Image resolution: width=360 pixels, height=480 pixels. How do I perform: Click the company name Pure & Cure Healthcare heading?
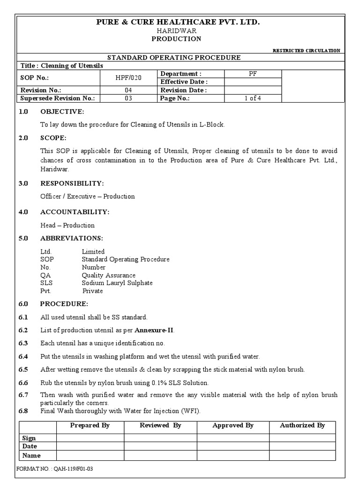point(177,22)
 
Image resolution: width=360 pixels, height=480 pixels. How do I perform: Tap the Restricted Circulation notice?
point(306,51)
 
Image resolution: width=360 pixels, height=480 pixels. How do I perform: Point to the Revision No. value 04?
point(129,90)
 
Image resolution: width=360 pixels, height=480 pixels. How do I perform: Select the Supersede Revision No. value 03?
point(129,98)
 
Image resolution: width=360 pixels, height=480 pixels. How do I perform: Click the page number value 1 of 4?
point(253,98)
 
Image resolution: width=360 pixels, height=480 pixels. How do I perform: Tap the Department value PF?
point(253,74)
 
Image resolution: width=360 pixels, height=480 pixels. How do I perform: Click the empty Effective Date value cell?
point(253,82)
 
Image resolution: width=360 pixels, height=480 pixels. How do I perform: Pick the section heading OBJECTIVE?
point(62,112)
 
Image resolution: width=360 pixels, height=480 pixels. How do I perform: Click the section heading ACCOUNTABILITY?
point(75,212)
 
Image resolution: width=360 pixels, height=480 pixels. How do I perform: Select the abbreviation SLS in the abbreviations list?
point(46,283)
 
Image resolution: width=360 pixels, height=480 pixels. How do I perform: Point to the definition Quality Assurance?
point(108,275)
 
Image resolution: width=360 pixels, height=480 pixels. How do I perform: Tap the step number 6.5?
point(23,369)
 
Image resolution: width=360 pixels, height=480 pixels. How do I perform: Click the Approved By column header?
point(233,426)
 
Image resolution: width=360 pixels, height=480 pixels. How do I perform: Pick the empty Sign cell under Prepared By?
point(90,438)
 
